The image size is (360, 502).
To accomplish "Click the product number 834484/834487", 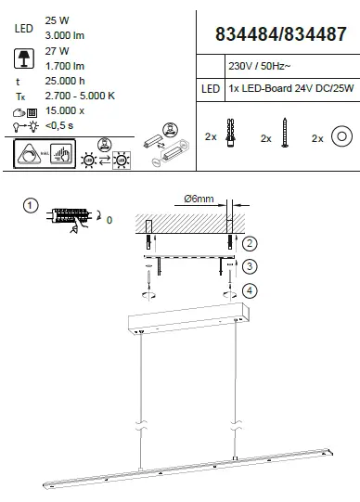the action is pyautogui.click(x=280, y=34).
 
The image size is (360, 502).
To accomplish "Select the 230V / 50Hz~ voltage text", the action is pyautogui.click(x=260, y=66).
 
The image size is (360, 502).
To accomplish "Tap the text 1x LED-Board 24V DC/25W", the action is pyautogui.click(x=291, y=88).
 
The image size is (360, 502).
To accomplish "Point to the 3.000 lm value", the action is pyautogui.click(x=65, y=35).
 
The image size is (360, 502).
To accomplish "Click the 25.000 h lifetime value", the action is pyautogui.click(x=65, y=81).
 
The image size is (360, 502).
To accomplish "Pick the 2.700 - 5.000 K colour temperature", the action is pyautogui.click(x=80, y=96).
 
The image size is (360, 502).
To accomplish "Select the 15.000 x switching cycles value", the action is pyautogui.click(x=65, y=110).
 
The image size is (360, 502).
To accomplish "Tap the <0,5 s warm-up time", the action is pyautogui.click(x=59, y=125).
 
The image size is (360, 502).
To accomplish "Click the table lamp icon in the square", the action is pyautogui.click(x=24, y=58).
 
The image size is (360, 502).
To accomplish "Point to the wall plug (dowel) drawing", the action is pyautogui.click(x=230, y=133).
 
